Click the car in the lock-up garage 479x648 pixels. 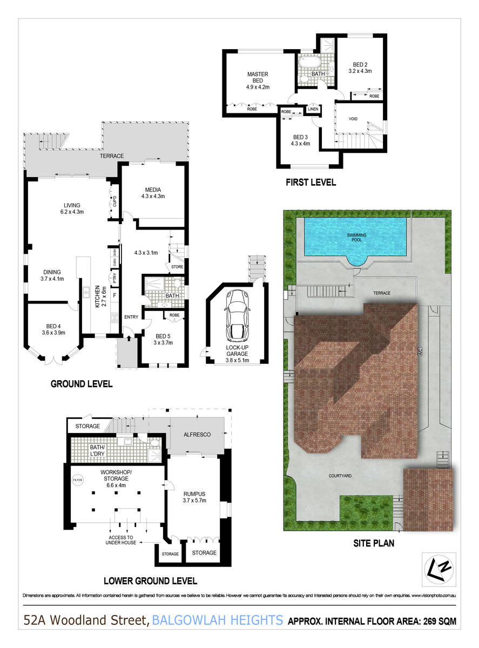tap(237, 316)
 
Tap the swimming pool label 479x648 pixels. tap(356, 237)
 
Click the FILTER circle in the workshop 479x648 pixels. tap(78, 480)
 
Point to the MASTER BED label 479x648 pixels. tap(258, 77)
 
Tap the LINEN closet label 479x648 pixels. tap(313, 109)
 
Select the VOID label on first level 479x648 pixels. tap(353, 119)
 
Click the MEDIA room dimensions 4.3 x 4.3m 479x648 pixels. tap(153, 197)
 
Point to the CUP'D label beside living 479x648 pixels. tap(114, 201)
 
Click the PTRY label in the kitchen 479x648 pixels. tap(114, 278)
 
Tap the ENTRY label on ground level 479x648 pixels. tap(131, 317)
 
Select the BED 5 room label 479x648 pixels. tap(163, 336)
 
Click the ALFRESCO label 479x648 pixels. tap(197, 435)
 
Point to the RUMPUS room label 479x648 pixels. tap(194, 494)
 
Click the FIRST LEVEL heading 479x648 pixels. tap(311, 183)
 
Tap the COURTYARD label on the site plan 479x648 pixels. tap(340, 476)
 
